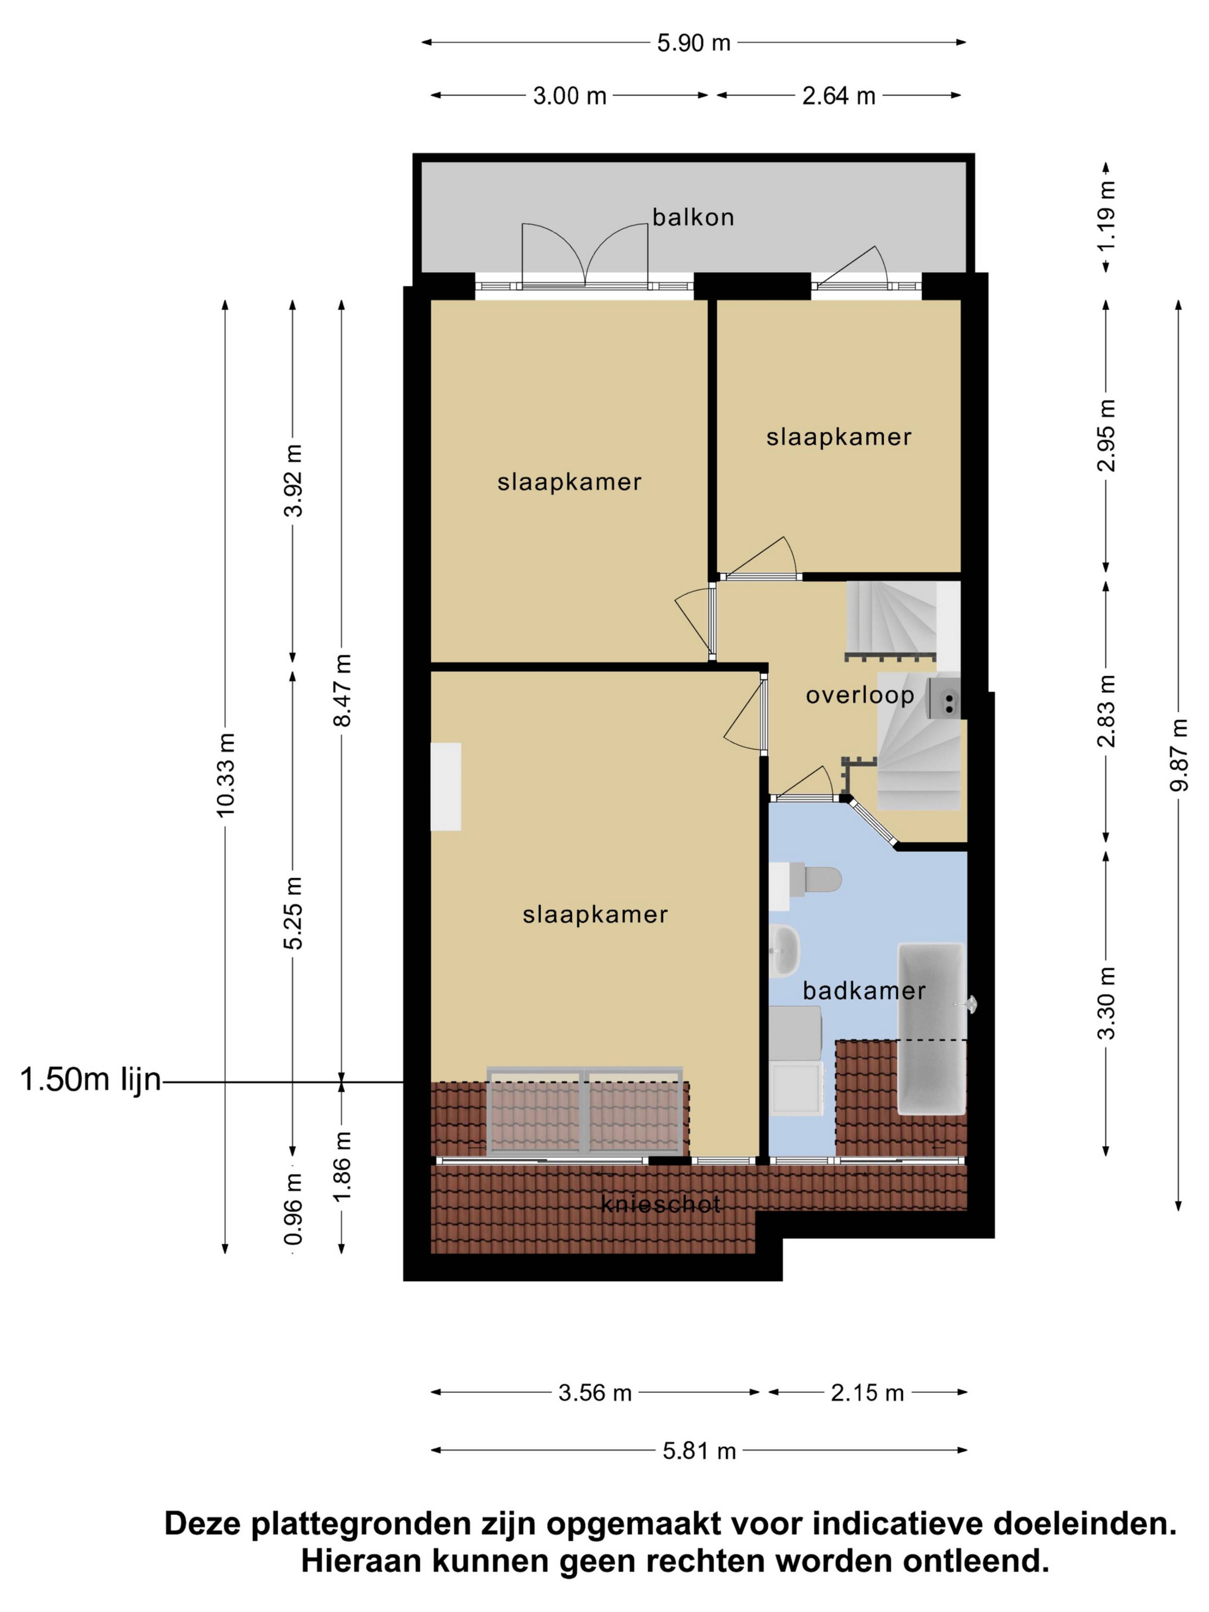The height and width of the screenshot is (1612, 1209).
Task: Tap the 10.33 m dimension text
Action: click(x=225, y=775)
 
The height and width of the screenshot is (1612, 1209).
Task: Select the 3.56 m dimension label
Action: click(x=595, y=1393)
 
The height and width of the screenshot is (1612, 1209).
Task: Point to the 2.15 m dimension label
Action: click(x=867, y=1393)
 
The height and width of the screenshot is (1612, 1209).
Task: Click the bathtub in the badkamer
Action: click(x=931, y=1029)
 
